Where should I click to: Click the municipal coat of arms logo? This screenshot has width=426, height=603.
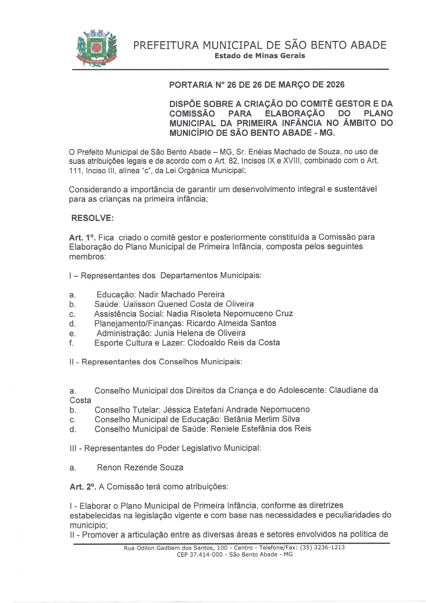[x=96, y=49]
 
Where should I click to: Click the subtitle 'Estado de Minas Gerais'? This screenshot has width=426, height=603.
[x=260, y=56]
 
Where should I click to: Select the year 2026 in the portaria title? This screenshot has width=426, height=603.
[x=335, y=85]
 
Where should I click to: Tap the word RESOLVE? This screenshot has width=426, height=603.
[x=92, y=218]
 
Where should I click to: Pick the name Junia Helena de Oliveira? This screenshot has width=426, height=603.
[x=200, y=333]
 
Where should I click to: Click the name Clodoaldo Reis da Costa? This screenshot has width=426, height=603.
[x=234, y=343]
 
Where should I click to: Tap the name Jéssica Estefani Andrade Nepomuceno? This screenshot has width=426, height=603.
[x=236, y=410]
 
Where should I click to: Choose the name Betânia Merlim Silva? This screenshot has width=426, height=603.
[x=261, y=419]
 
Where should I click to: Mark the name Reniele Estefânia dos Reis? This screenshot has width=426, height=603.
[x=260, y=429]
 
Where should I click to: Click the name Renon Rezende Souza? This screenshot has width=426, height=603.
[x=140, y=467]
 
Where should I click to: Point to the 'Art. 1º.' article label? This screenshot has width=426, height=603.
[x=82, y=237]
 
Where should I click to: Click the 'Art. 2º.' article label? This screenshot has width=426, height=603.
[x=83, y=487]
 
